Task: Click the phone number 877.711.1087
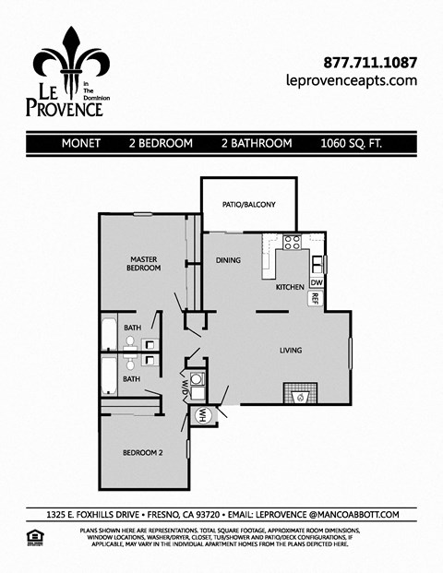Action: coord(370,63)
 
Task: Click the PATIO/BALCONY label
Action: coord(248,205)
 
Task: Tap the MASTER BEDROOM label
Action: coord(145,263)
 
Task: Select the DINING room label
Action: coord(228,260)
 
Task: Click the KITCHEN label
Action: coord(290,287)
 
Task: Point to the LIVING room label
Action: coord(292,351)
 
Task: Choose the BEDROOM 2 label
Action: coord(143,453)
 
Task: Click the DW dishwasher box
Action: coord(317,282)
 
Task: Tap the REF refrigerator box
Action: coord(315,298)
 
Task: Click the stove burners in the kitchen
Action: coord(293,244)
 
